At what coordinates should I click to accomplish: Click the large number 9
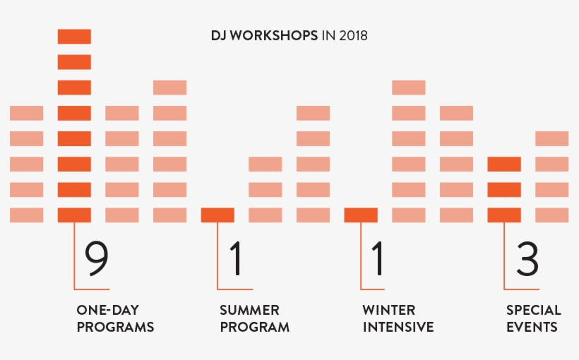click(x=97, y=258)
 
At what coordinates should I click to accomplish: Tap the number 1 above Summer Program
click(x=236, y=258)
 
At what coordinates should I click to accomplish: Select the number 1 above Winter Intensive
click(x=378, y=258)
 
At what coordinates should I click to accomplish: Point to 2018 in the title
click(x=353, y=35)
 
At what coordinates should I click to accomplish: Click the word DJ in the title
click(x=217, y=35)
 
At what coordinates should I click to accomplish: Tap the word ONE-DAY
click(x=107, y=310)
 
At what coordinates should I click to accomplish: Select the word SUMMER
click(x=249, y=310)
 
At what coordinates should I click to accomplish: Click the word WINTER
click(x=388, y=310)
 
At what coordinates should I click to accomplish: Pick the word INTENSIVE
click(x=398, y=327)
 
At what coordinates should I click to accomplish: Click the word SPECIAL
click(x=534, y=310)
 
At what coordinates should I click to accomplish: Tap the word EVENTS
click(x=532, y=327)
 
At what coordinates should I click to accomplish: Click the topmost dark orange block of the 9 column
click(x=74, y=37)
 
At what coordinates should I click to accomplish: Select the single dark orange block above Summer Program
click(x=217, y=215)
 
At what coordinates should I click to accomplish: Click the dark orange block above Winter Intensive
click(x=361, y=215)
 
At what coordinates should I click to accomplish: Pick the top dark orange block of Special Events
click(x=504, y=164)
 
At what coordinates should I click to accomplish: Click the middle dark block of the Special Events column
click(x=504, y=190)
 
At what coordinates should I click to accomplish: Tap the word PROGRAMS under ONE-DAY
click(x=115, y=327)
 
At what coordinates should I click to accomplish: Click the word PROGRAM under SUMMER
click(x=254, y=327)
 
